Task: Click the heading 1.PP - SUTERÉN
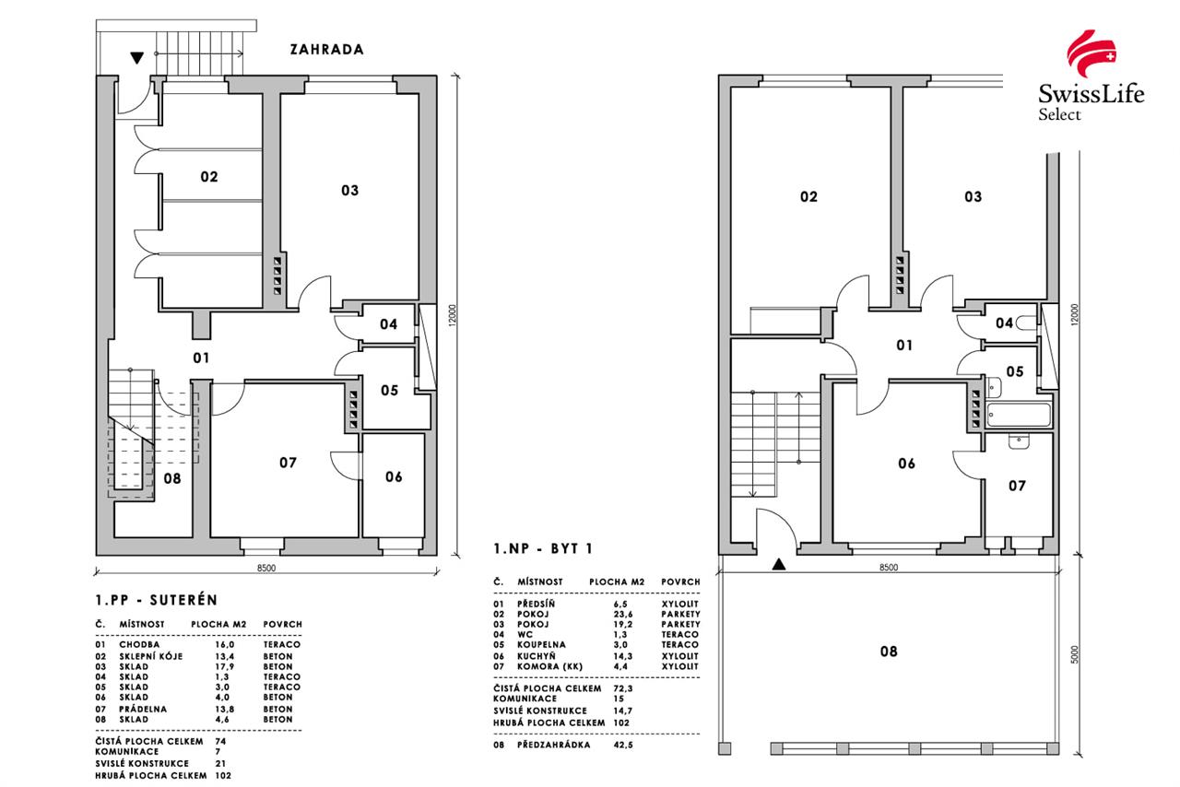(156, 600)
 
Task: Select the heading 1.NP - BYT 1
(543, 549)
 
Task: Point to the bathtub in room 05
(1018, 415)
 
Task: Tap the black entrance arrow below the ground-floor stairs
(780, 564)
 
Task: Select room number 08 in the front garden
(888, 652)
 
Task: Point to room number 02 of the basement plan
(209, 176)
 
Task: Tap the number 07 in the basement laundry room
(288, 463)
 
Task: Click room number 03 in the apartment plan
(973, 196)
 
